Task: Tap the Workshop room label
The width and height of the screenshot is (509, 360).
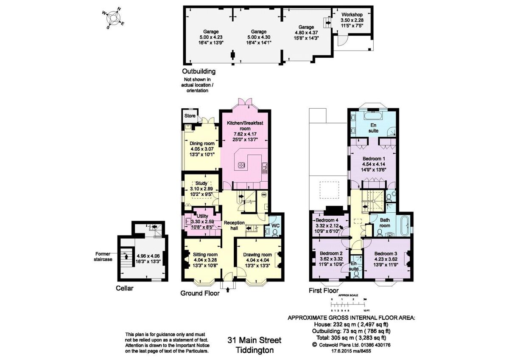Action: [352, 14]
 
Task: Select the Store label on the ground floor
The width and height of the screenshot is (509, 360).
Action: [190, 115]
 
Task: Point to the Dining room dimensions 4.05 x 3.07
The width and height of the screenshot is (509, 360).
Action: [201, 149]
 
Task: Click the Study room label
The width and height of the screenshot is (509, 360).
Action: [201, 183]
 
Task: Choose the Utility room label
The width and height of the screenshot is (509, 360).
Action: [202, 217]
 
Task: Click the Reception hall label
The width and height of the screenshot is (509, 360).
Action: [234, 225]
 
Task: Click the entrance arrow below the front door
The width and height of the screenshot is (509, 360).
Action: [229, 290]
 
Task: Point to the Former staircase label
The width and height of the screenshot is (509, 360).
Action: [104, 256]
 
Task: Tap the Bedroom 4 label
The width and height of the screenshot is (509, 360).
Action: [327, 221]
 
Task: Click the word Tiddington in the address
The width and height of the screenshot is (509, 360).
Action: [255, 350]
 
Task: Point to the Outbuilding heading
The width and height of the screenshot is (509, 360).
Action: [199, 71]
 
